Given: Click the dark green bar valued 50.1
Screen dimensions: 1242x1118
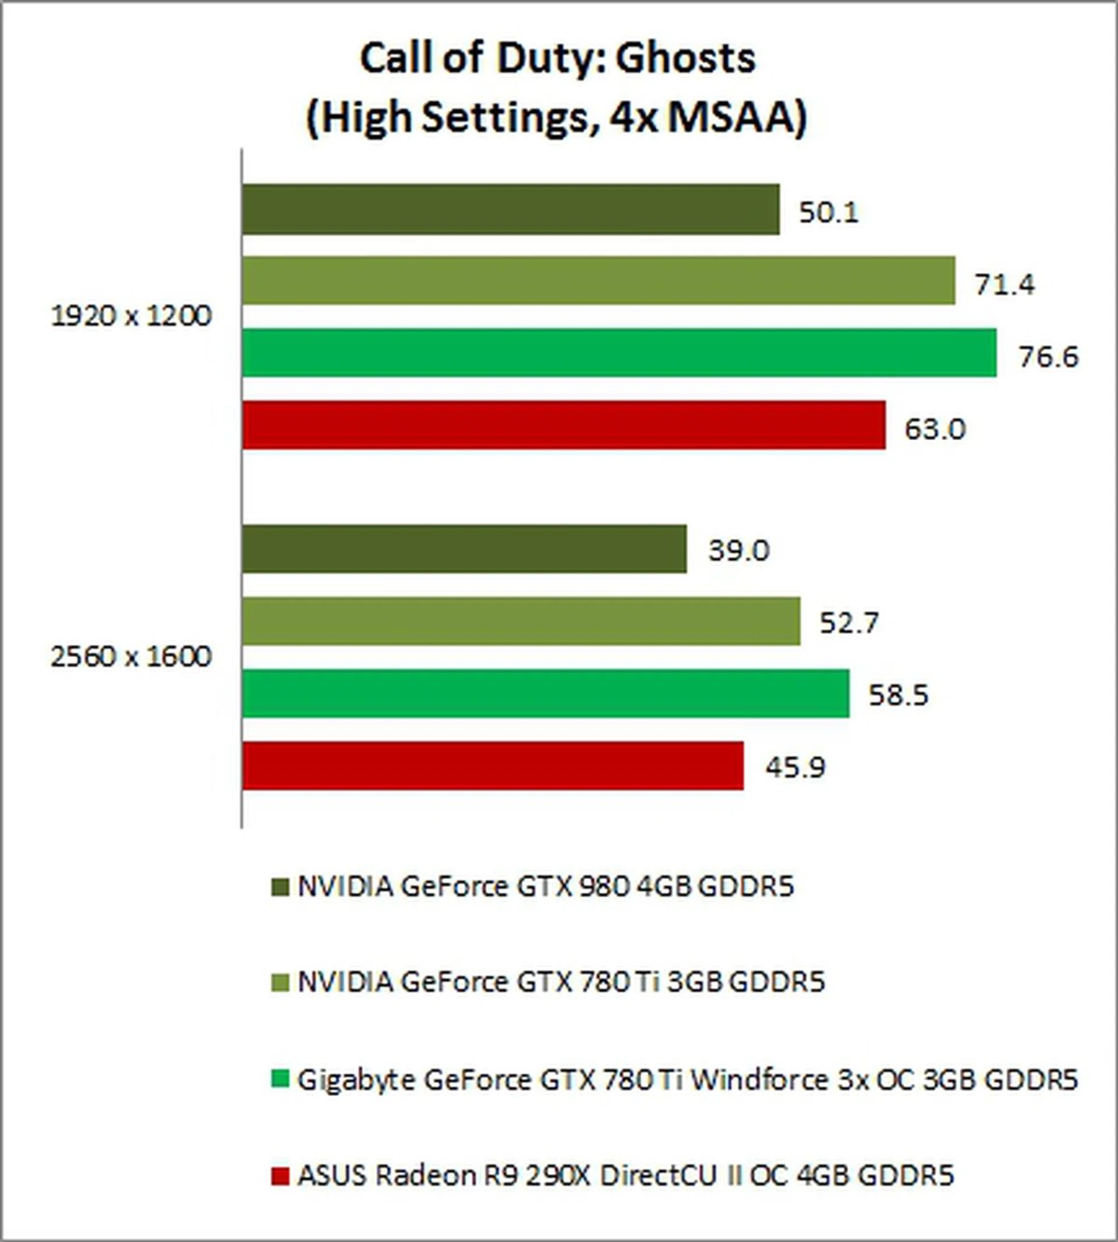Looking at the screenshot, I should click(x=511, y=210).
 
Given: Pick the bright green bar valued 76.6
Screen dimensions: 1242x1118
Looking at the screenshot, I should click(x=619, y=353).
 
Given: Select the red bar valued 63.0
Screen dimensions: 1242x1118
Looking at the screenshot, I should click(x=564, y=424).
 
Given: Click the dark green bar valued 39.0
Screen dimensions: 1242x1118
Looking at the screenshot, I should click(x=464, y=549).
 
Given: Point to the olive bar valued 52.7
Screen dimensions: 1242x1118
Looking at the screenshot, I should click(x=521, y=621).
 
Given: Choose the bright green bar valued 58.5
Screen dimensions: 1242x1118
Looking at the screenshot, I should click(x=546, y=693).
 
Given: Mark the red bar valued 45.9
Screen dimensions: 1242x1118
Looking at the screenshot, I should click(x=493, y=765).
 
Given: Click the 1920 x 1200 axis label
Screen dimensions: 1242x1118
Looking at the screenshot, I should click(x=131, y=317).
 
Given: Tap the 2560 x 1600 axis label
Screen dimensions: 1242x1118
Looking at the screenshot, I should click(x=131, y=657).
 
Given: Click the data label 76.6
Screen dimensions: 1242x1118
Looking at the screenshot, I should click(x=1049, y=357).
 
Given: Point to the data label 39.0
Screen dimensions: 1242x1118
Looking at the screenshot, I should click(x=738, y=550).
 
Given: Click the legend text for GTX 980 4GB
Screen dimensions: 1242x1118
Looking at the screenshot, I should click(x=546, y=886).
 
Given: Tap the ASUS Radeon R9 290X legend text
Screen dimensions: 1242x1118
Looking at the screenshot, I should click(x=625, y=1176).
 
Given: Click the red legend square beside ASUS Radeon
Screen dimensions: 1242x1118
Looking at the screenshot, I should click(x=279, y=1176).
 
